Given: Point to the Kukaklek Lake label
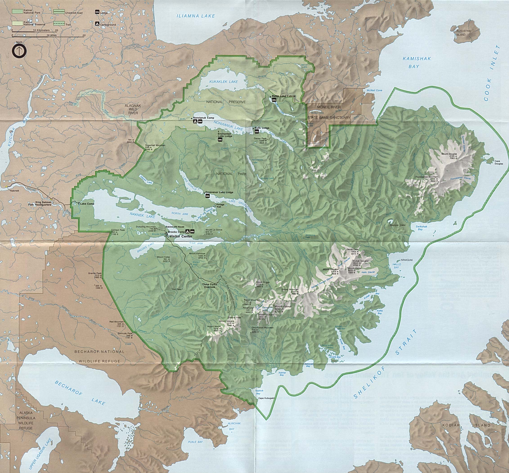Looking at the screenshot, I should tap(223, 82).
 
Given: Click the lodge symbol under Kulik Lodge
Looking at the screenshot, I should tap(256, 132).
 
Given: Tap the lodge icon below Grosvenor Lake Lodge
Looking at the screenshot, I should tap(208, 196).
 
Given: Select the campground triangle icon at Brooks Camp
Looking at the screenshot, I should tap(187, 231).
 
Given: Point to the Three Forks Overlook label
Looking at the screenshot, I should tap(209, 286).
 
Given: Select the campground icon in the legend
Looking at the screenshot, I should tap(97, 24).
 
